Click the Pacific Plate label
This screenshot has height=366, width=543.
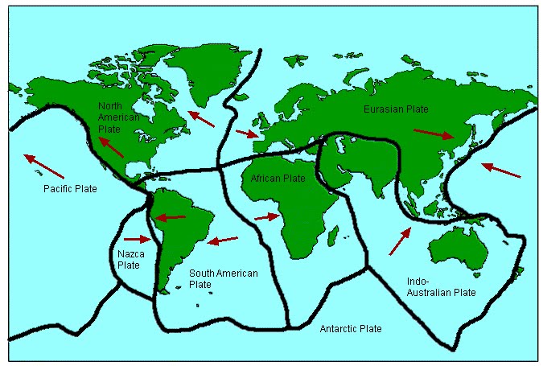coord(70,188)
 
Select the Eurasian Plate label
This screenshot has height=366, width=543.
coord(396,109)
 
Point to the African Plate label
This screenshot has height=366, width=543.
coord(278,178)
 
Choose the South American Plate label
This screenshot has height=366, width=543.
coord(223,279)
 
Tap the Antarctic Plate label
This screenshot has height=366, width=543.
coord(351,329)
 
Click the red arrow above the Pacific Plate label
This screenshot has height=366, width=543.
coord(43,165)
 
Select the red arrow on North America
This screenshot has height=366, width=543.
coord(111,146)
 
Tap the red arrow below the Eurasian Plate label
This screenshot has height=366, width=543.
coord(434,134)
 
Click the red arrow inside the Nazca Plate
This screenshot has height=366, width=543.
coord(138,239)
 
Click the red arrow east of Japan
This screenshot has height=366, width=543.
coord(500,171)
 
